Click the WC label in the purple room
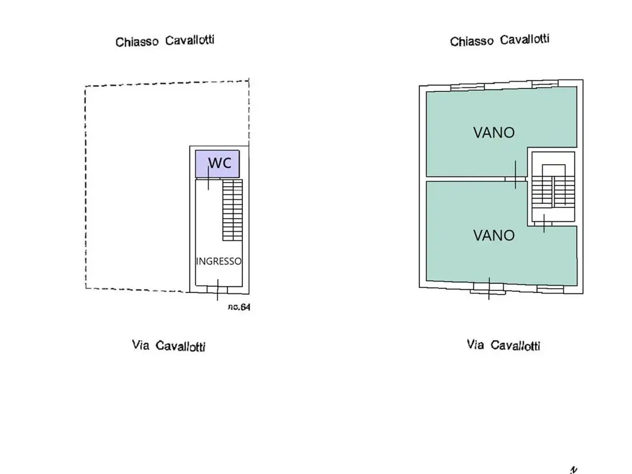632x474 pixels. (220, 163)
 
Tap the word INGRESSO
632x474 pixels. (219, 261)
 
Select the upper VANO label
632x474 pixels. (494, 133)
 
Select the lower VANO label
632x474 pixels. (494, 236)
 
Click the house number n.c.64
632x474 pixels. (239, 307)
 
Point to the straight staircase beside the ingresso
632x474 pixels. (233, 210)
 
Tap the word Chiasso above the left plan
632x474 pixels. (137, 42)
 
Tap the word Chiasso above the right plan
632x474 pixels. (472, 41)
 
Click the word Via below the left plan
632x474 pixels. (141, 345)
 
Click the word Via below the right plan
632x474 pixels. (475, 344)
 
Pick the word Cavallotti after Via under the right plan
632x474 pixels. (515, 345)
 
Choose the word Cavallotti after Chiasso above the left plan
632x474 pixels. (190, 40)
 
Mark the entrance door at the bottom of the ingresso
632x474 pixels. (217, 289)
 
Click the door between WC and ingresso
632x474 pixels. (208, 178)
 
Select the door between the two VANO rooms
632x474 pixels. (515, 179)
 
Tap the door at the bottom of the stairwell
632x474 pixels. (544, 224)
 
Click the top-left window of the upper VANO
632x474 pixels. (468, 87)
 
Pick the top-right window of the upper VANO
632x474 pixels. (545, 83)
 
